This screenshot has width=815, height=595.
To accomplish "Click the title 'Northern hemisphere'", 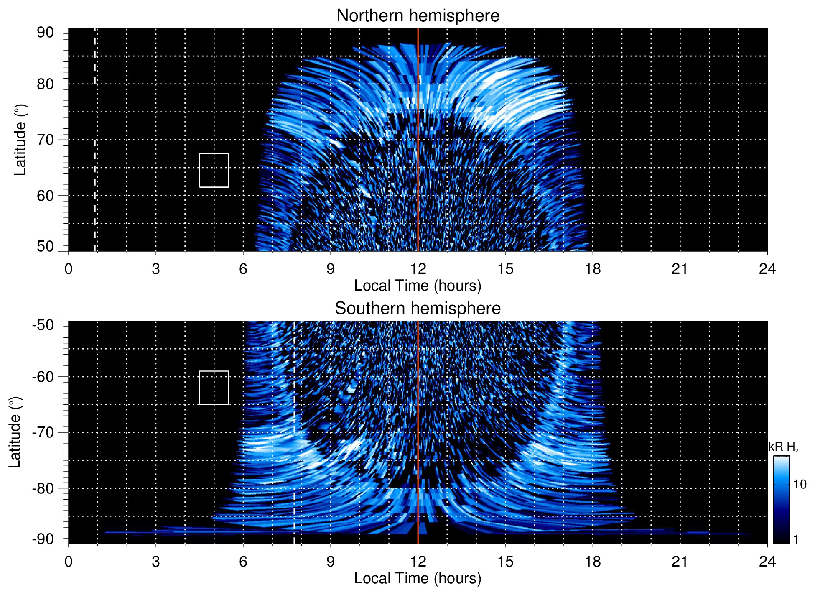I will click(418, 16).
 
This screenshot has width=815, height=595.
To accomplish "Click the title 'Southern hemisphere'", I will click(418, 309).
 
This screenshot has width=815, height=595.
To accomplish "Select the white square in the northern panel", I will click(214, 170).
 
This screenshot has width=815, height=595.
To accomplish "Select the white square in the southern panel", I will click(214, 388).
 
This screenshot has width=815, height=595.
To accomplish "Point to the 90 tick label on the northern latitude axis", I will click(45, 33).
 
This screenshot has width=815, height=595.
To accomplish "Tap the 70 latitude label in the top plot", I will click(45, 140).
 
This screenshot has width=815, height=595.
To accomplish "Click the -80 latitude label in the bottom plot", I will click(43, 488).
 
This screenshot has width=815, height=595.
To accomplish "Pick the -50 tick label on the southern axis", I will click(43, 325).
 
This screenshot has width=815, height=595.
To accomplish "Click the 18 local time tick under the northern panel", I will click(593, 269).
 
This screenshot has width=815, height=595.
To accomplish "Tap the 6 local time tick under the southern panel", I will click(243, 562).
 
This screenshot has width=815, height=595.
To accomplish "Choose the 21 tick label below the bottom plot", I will click(680, 562).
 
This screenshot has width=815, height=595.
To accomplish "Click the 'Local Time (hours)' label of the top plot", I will click(418, 286).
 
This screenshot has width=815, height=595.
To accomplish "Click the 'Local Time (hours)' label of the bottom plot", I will click(418, 578).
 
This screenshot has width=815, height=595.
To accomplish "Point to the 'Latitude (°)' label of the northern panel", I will click(20, 140).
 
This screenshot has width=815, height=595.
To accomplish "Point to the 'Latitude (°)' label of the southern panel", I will click(15, 432).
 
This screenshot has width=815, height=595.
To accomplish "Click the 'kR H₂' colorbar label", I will click(783, 447).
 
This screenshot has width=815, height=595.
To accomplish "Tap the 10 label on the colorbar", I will click(800, 484).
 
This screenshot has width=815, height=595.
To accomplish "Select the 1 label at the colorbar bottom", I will click(796, 539).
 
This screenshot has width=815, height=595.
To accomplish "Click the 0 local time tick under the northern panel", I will click(69, 269).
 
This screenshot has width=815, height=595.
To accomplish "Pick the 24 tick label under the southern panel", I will click(767, 562).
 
